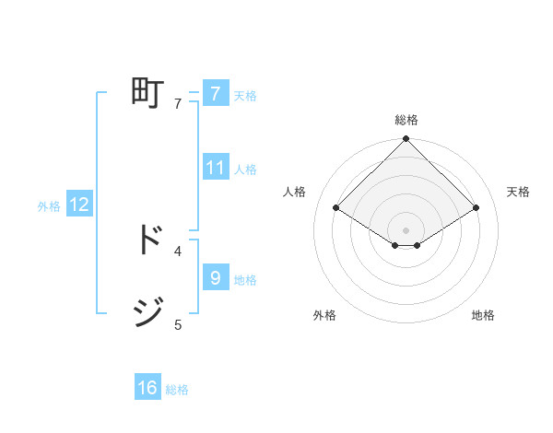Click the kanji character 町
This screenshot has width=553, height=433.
(147, 93)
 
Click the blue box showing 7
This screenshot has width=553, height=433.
(215, 94)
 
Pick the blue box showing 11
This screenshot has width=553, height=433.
(216, 168)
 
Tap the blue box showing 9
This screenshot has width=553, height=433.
(215, 277)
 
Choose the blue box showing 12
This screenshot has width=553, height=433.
(79, 205)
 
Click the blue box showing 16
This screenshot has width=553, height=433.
(147, 388)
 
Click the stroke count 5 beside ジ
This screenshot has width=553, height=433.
(178, 324)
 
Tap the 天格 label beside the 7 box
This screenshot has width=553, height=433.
(245, 96)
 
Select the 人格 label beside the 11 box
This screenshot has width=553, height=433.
(245, 170)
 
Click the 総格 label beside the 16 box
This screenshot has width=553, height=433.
(177, 390)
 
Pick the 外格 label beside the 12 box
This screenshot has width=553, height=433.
(49, 206)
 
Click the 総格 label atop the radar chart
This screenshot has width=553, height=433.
(406, 120)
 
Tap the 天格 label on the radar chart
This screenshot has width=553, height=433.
(519, 192)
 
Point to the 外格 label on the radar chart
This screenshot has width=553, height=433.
(324, 315)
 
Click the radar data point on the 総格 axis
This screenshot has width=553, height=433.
(406, 139)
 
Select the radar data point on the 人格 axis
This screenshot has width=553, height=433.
(336, 208)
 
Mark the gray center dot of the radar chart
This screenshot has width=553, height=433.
(406, 229)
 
